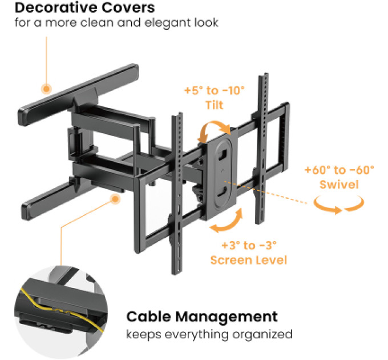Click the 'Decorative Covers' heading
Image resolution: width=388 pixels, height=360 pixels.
click(x=84, y=7)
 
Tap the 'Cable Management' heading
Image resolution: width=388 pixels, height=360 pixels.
click(x=202, y=317)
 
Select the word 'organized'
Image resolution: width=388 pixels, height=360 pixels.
click(x=262, y=334)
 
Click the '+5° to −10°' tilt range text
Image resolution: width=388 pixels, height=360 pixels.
click(x=215, y=90)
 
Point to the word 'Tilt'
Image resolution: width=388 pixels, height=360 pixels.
click(x=215, y=105)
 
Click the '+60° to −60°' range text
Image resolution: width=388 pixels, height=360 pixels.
click(x=339, y=170)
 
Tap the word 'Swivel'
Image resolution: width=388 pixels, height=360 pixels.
click(x=339, y=185)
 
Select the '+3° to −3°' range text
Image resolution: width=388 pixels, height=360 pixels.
click(x=249, y=246)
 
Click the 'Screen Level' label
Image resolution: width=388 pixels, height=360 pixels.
click(x=249, y=260)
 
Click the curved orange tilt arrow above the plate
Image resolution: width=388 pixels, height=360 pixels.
click(x=215, y=123)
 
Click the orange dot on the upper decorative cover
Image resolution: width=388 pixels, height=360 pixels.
click(x=46, y=89)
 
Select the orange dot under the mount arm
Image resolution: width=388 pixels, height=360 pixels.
click(x=115, y=199)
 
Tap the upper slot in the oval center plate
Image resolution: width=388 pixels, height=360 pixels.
click(x=223, y=154)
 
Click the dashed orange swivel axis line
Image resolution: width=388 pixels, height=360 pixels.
click(x=266, y=193)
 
